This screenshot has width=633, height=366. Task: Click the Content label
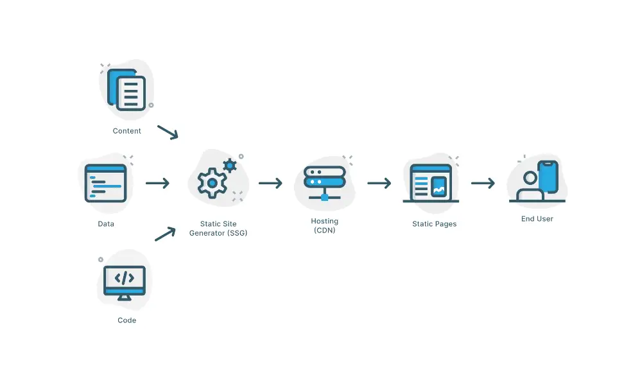pyautogui.click(x=126, y=131)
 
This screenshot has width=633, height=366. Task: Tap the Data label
pyautogui.click(x=106, y=224)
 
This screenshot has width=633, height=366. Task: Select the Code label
pyautogui.click(x=126, y=320)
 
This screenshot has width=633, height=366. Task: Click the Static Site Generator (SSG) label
pyautogui.click(x=218, y=229)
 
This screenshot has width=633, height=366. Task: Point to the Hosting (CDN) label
pyautogui.click(x=324, y=225)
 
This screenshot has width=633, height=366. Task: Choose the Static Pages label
pyautogui.click(x=434, y=224)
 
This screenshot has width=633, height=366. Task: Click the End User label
pyautogui.click(x=537, y=219)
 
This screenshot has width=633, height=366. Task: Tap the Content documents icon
pyautogui.click(x=127, y=91)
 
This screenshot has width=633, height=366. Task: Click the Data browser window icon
pyautogui.click(x=106, y=184)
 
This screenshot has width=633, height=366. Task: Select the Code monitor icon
pyautogui.click(x=125, y=281)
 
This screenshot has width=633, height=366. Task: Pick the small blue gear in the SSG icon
pyautogui.click(x=229, y=166)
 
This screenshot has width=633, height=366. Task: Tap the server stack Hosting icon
pyautogui.click(x=324, y=181)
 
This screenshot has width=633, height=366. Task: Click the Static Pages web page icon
pyautogui.click(x=430, y=184)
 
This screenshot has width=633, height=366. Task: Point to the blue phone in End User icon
pyautogui.click(x=548, y=176)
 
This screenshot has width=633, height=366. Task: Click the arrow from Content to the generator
pyautogui.click(x=168, y=132)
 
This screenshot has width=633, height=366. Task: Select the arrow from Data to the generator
pyautogui.click(x=157, y=184)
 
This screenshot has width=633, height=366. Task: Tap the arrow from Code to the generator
pyautogui.click(x=165, y=234)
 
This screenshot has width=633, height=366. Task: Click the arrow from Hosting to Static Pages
pyautogui.click(x=379, y=184)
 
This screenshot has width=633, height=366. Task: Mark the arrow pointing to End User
pyautogui.click(x=483, y=184)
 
